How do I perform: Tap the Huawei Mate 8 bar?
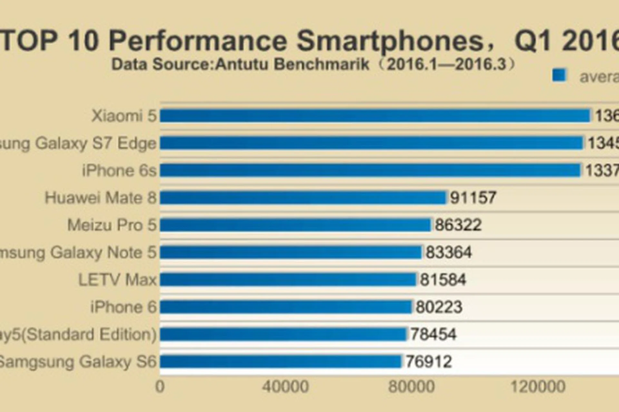click(303, 198)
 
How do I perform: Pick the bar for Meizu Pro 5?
click(295, 225)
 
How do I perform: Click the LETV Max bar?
click(288, 280)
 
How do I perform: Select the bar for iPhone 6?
click(286, 307)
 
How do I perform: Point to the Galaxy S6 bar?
click(280, 361)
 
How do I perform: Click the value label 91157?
click(473, 198)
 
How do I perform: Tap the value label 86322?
click(458, 225)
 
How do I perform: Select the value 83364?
click(448, 252)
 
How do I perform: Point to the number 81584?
click(443, 280)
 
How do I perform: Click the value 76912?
click(428, 361)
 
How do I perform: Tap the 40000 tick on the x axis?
click(285, 387)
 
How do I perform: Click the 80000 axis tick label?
click(411, 387)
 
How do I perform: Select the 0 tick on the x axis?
click(160, 387)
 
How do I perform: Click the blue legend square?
click(559, 76)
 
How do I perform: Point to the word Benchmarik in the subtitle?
click(321, 64)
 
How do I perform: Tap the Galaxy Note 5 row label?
click(77, 252)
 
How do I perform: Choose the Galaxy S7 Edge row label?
click(77, 143)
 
